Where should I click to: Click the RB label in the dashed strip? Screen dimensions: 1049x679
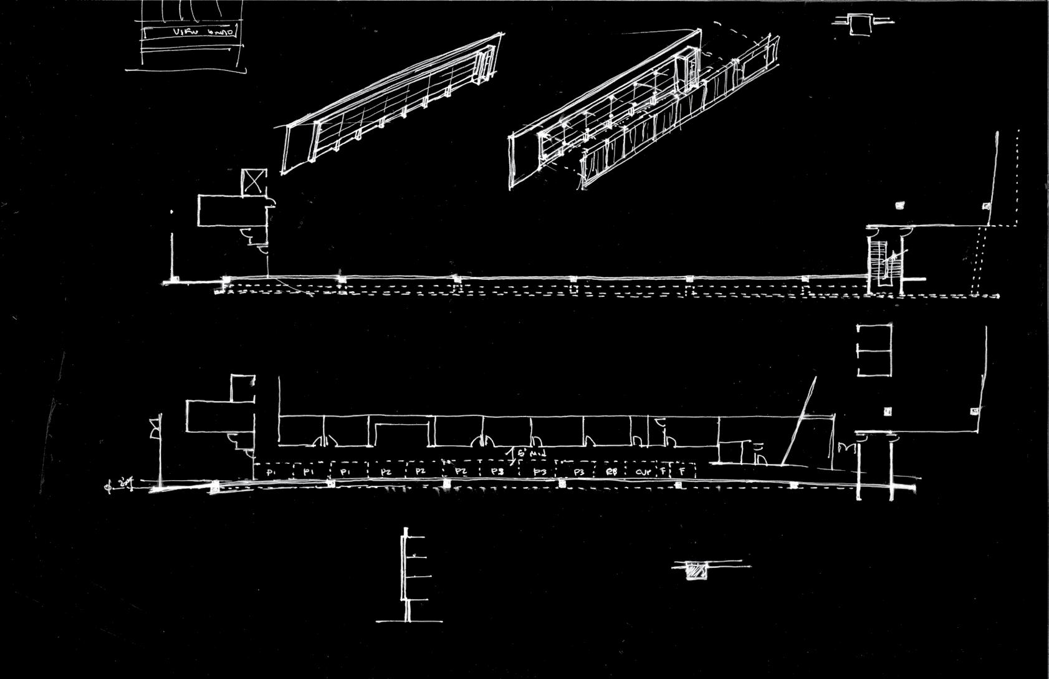[x=611, y=472]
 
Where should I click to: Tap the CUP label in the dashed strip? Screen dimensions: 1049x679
[x=643, y=472]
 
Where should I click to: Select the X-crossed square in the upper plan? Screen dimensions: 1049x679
[x=254, y=181]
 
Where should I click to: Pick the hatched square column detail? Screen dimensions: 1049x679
[x=696, y=571]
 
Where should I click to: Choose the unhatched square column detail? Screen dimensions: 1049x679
[x=860, y=25]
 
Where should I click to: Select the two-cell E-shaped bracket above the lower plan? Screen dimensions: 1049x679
[x=874, y=350]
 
